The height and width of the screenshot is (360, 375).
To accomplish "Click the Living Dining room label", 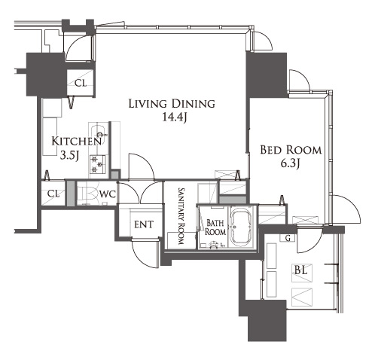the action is (x=172, y=104).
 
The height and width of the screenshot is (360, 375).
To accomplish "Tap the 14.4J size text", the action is (x=174, y=117).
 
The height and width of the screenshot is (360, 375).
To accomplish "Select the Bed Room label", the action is (x=291, y=150).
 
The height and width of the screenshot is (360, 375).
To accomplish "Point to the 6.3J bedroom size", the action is (x=291, y=163).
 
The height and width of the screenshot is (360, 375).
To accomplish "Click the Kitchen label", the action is (x=77, y=142).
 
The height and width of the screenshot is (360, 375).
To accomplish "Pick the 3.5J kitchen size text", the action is (x=70, y=156).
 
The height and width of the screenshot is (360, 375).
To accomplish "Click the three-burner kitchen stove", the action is (x=98, y=164).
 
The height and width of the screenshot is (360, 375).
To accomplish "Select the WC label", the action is (x=108, y=194).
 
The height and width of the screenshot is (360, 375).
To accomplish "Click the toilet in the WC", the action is (x=87, y=194).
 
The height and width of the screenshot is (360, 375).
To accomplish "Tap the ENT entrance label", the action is (x=144, y=224).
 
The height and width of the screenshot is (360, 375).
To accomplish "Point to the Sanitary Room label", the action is (x=181, y=216).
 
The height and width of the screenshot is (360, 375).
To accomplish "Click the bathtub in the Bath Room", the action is (x=241, y=227).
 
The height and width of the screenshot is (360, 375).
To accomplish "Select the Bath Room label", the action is (x=215, y=227).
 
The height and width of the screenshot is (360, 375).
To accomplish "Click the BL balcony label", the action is (x=301, y=270).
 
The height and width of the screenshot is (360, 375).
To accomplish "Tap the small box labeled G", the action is (x=288, y=238).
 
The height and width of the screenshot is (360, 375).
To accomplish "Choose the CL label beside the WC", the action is (x=54, y=194).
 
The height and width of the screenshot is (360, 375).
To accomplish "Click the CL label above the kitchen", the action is (x=81, y=83).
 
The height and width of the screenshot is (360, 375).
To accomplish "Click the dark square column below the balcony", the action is (x=267, y=320).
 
